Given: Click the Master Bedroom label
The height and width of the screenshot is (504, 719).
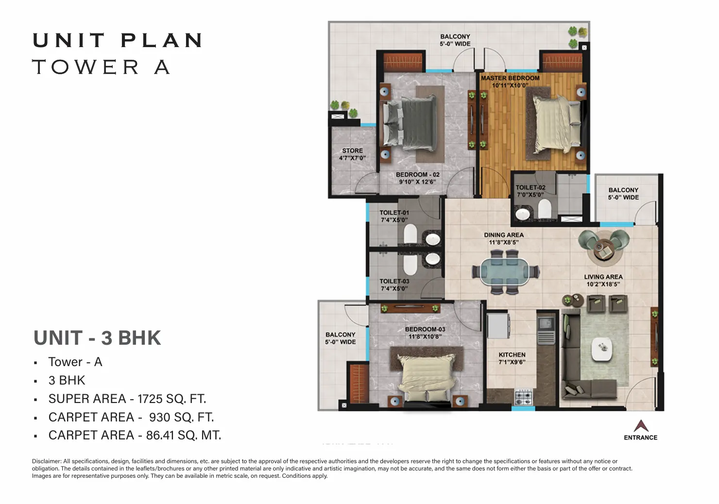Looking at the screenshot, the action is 510,78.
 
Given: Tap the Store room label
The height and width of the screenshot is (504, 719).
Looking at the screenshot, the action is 352,151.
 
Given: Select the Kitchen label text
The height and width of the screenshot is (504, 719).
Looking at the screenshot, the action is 512,355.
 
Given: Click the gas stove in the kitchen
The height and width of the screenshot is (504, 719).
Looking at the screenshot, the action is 524,398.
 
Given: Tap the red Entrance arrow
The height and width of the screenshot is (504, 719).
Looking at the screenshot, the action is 641,426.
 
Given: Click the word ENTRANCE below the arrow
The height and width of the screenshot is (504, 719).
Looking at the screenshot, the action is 641,437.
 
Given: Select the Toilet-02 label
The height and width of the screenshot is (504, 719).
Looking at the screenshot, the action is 531,188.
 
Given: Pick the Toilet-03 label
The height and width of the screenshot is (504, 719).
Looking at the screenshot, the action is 394,281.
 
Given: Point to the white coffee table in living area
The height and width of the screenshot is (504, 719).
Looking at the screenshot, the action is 602,349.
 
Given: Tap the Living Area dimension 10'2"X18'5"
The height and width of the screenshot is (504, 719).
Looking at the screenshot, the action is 603,284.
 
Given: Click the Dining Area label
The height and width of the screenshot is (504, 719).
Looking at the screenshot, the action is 504,235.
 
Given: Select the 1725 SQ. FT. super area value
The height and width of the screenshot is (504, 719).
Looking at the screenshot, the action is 171,399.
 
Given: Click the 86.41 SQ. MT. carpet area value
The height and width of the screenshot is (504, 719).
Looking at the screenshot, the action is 184,436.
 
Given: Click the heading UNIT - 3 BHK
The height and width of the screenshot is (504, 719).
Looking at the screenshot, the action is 97,338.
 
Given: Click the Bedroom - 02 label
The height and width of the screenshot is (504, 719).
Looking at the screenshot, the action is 418,175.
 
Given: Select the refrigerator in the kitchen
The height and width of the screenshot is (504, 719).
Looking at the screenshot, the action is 498,326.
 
